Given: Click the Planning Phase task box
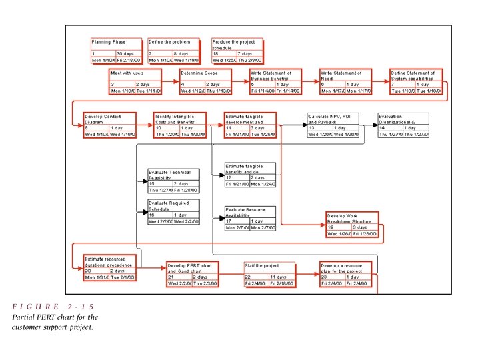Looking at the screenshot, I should point(114,51).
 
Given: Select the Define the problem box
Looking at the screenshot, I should point(173,51).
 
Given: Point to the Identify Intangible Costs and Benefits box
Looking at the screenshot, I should point(179,125).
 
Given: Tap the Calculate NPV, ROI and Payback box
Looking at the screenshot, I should point(333,125).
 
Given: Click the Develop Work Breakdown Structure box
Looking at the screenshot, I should point(352,225).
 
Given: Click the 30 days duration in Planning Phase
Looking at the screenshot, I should point(125,53).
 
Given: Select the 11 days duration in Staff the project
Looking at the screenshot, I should point(278,276).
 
